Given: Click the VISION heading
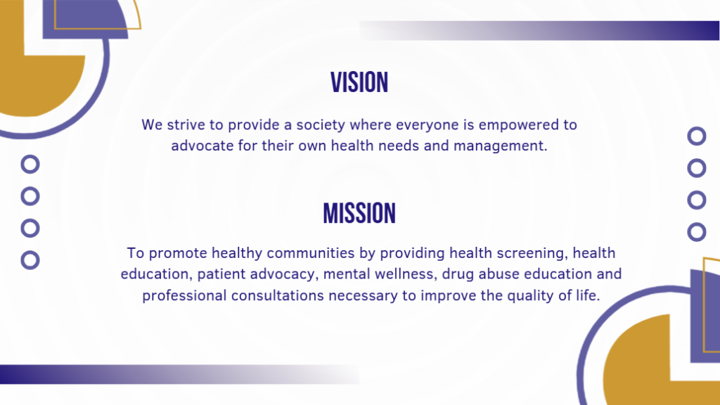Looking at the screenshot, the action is [359, 83].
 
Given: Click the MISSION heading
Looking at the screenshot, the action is [359, 214].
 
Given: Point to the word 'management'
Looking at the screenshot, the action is [501, 146].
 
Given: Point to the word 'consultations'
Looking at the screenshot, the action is [277, 295].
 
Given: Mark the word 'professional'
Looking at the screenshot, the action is [184, 296].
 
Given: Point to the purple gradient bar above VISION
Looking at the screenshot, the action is [539, 30].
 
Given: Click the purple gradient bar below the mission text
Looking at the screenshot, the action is [179, 374].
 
